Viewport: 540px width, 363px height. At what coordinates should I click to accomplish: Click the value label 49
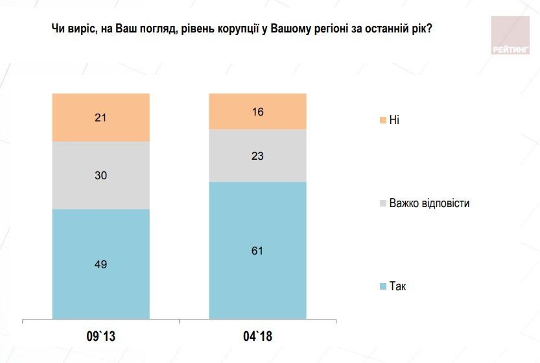point(101,264)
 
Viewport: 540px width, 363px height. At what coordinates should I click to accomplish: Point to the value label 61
point(257,251)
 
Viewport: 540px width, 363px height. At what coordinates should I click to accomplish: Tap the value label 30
point(101,175)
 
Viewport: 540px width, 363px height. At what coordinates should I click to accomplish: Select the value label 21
point(101,118)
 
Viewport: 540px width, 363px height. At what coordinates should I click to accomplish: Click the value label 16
point(257,111)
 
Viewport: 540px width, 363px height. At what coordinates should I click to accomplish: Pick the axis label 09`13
point(101,337)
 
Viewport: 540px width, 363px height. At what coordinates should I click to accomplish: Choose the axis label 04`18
point(257,337)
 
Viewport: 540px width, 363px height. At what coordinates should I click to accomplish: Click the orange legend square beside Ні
point(382,120)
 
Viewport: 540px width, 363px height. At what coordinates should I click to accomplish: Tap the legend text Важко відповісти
point(429,203)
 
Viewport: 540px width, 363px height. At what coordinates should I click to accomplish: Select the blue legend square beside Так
point(382,286)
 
